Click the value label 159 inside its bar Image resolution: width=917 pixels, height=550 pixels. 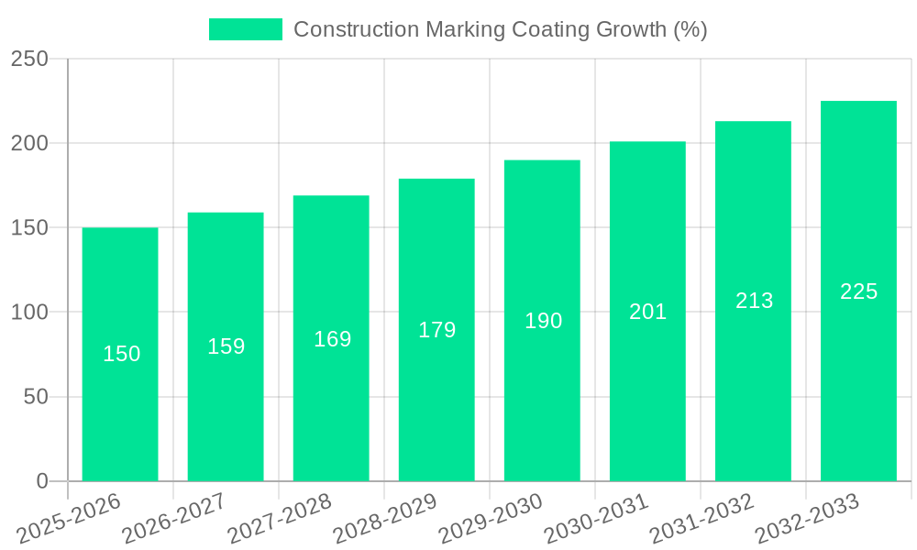point(226,346)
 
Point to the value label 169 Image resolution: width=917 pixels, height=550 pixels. point(332,339)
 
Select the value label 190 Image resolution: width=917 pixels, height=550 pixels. point(543,321)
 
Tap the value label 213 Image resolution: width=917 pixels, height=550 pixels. point(754,301)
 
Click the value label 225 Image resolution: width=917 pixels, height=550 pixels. point(858,291)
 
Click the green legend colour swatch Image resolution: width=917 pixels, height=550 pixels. point(246,29)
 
